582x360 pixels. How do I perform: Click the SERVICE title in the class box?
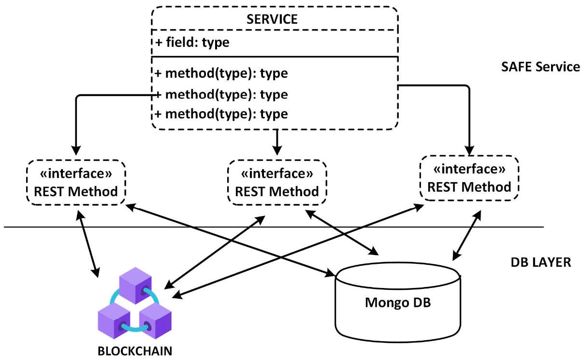point(274,19)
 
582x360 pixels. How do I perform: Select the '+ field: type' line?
point(192,43)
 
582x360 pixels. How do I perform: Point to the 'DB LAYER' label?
point(541,262)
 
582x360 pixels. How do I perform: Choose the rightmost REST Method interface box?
point(469,178)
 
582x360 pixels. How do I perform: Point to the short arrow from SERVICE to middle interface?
point(276,142)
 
